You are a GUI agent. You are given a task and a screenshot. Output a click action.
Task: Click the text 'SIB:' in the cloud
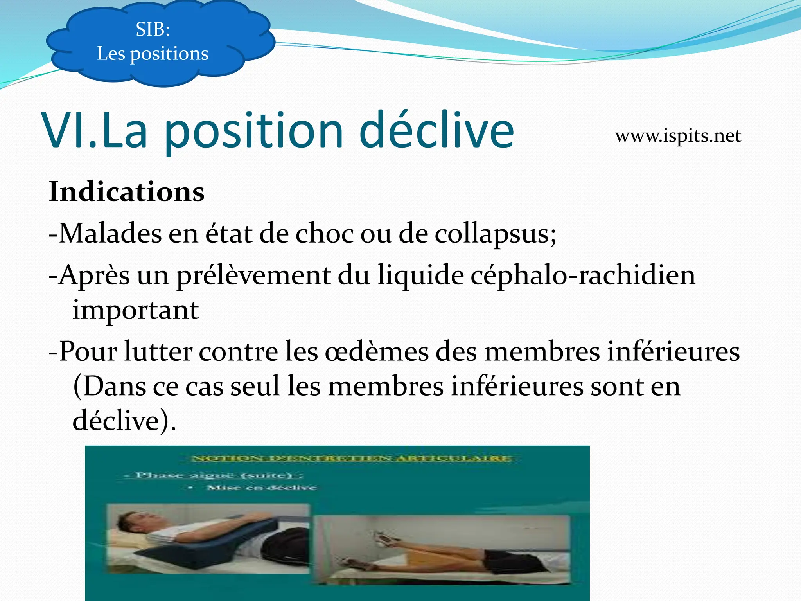[153, 29]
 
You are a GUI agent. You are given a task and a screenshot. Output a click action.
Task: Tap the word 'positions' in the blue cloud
[169, 54]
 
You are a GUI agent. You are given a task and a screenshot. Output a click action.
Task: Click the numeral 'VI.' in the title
[66, 131]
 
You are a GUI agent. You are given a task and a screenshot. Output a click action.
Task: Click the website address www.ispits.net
[678, 136]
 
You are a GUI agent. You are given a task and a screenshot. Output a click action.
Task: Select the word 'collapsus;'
[496, 234]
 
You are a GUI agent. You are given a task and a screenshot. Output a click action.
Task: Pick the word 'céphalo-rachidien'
[583, 275]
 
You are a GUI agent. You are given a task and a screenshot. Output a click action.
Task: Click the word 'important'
[136, 310]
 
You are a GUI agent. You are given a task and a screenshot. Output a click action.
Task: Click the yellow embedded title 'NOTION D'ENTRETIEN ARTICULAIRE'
[351, 458]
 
